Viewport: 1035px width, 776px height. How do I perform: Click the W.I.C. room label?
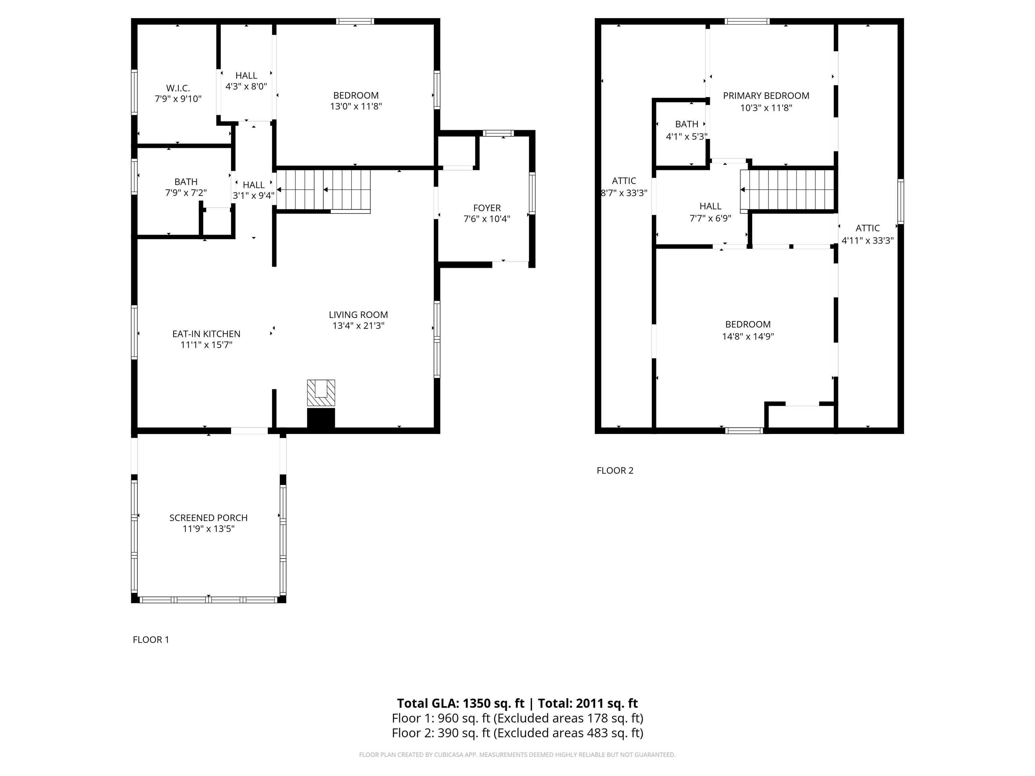click(178, 88)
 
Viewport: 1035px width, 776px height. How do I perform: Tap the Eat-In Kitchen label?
click(206, 334)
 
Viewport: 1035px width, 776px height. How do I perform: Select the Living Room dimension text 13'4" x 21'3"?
click(358, 326)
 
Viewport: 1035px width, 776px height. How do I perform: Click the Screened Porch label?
click(208, 518)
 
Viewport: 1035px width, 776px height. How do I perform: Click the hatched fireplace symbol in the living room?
click(321, 393)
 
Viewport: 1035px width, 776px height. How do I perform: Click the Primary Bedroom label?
click(766, 96)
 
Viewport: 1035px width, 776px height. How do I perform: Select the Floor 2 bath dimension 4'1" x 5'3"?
click(686, 137)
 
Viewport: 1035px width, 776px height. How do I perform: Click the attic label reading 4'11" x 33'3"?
click(868, 240)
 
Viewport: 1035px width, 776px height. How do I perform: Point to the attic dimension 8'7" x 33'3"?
click(624, 193)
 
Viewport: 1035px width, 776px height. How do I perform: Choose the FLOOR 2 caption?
click(615, 471)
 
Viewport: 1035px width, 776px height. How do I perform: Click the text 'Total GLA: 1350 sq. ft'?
click(461, 704)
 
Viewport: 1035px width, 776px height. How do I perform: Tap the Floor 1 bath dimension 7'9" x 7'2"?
click(186, 193)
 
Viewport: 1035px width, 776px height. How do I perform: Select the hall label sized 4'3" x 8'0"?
click(246, 87)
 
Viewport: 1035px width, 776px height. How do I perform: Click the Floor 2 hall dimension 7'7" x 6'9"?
click(710, 218)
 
